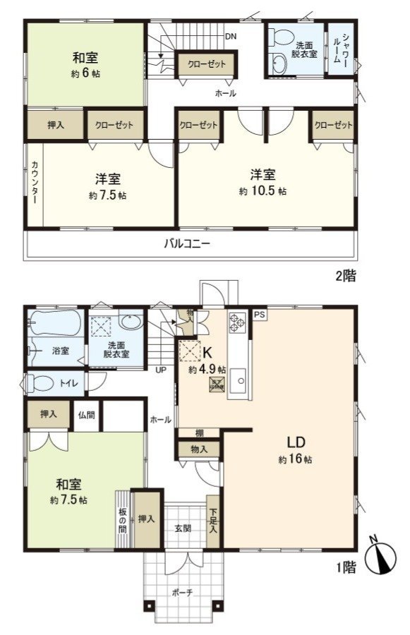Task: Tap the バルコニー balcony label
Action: [x=188, y=244]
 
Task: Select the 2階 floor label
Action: [x=345, y=276]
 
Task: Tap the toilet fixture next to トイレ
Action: [x=40, y=383]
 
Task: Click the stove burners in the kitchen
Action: [x=236, y=324]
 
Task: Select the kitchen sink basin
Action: [x=241, y=383]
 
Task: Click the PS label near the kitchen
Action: [x=259, y=314]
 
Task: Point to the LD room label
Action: [x=295, y=443]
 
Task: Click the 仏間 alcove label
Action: [x=86, y=415]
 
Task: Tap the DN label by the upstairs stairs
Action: [x=231, y=36]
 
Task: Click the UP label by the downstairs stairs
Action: [x=160, y=369]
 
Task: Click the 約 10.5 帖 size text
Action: [x=267, y=191]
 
